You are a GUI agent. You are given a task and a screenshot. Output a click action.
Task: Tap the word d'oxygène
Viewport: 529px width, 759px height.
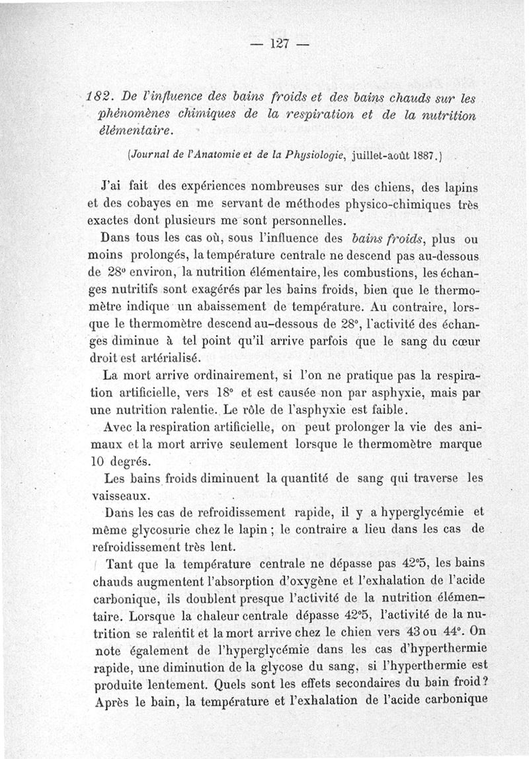(x=301, y=582)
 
